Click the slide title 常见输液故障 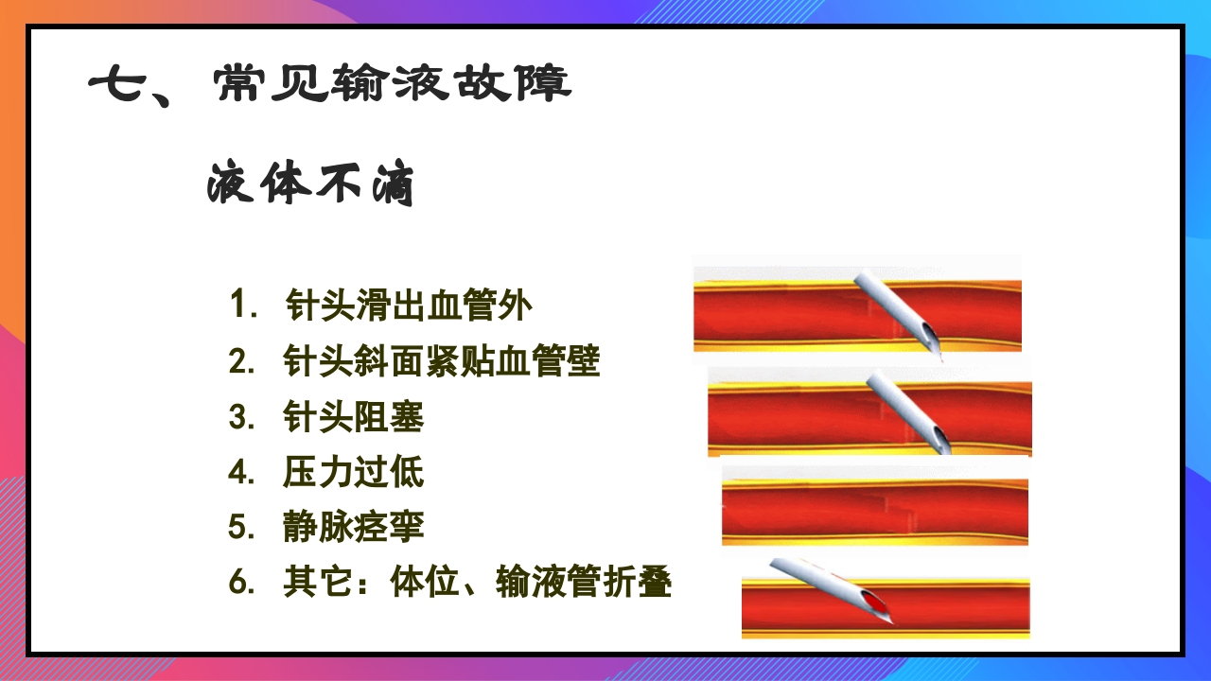tap(392, 86)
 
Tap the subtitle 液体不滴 tap(310, 184)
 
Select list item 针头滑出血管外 tap(409, 306)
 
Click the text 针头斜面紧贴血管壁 tap(442, 361)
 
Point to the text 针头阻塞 tap(353, 417)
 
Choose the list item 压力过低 tap(353, 472)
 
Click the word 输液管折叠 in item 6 tap(584, 584)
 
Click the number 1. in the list tap(244, 306)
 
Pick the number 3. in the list tap(242, 417)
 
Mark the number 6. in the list tap(242, 584)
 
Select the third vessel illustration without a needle tap(874, 512)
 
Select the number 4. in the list tap(242, 472)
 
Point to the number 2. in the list tap(242, 361)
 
